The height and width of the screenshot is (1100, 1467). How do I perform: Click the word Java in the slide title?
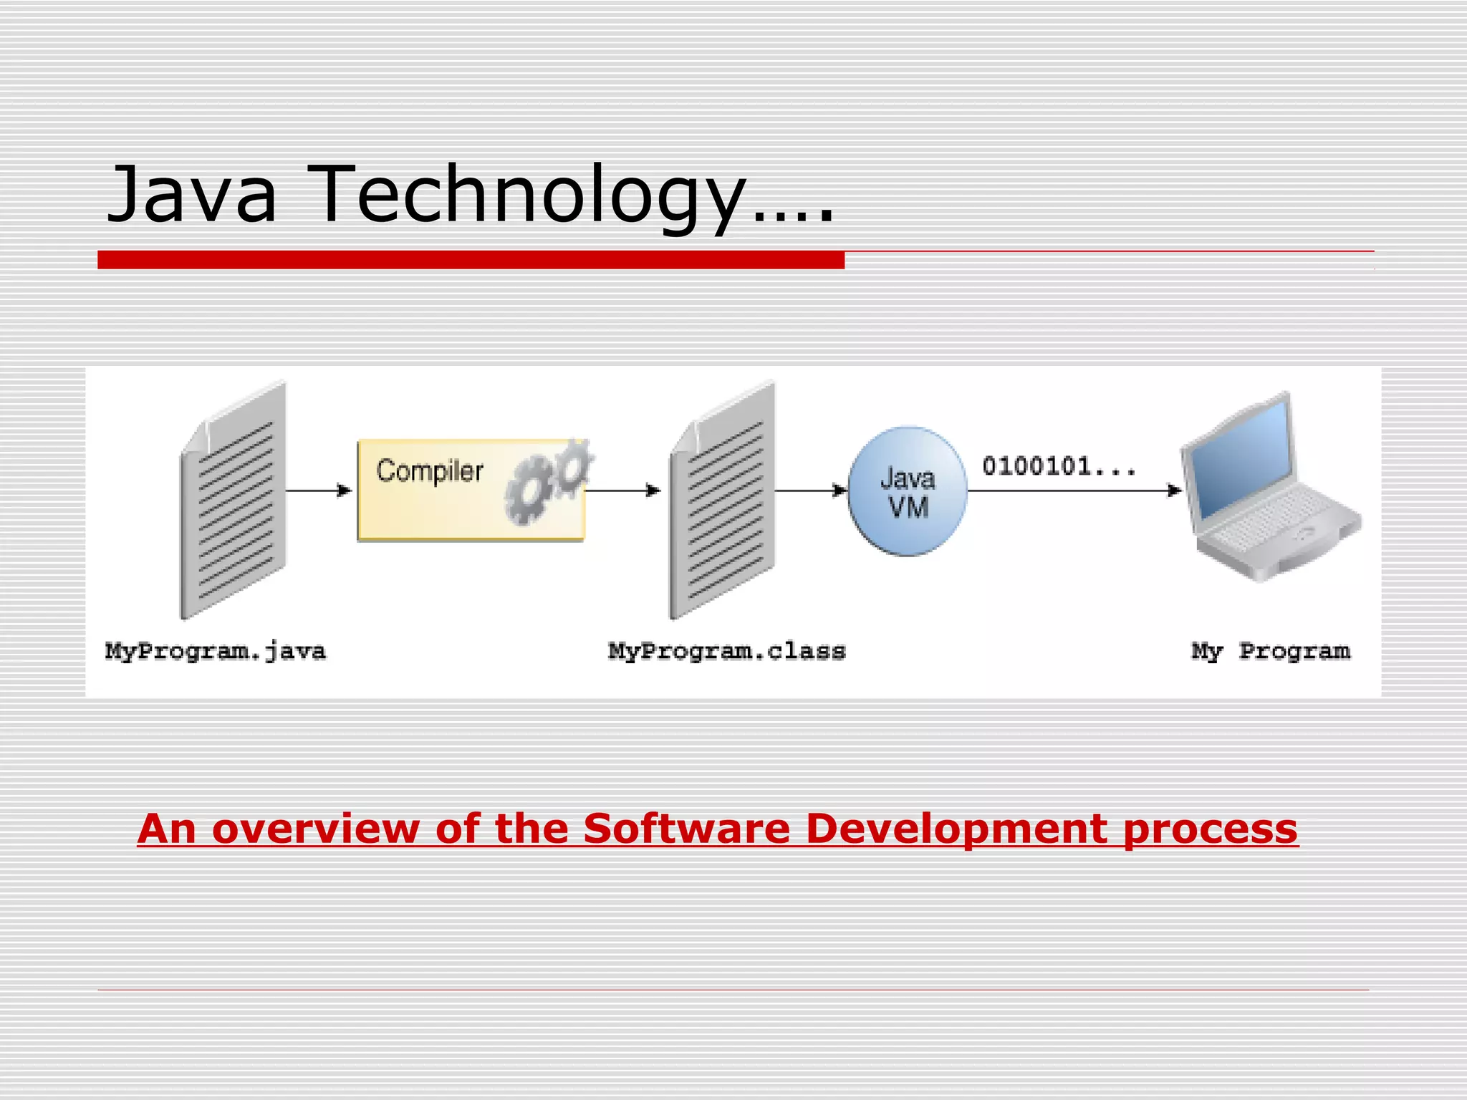(192, 195)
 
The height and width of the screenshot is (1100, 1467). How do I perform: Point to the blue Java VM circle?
(908, 491)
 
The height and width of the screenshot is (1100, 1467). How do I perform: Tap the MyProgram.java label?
(216, 652)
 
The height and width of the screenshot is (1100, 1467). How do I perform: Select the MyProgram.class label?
(727, 652)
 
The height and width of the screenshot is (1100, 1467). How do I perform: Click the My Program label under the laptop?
(1271, 652)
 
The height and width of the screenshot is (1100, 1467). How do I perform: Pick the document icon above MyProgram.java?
(234, 501)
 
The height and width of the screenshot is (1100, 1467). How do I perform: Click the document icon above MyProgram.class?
(723, 501)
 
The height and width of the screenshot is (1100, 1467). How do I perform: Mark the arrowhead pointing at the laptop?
(1174, 491)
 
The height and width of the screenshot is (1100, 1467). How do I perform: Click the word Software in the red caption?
(687, 829)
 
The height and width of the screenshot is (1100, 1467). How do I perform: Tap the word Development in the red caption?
(957, 829)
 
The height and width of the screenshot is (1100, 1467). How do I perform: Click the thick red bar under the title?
(471, 260)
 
